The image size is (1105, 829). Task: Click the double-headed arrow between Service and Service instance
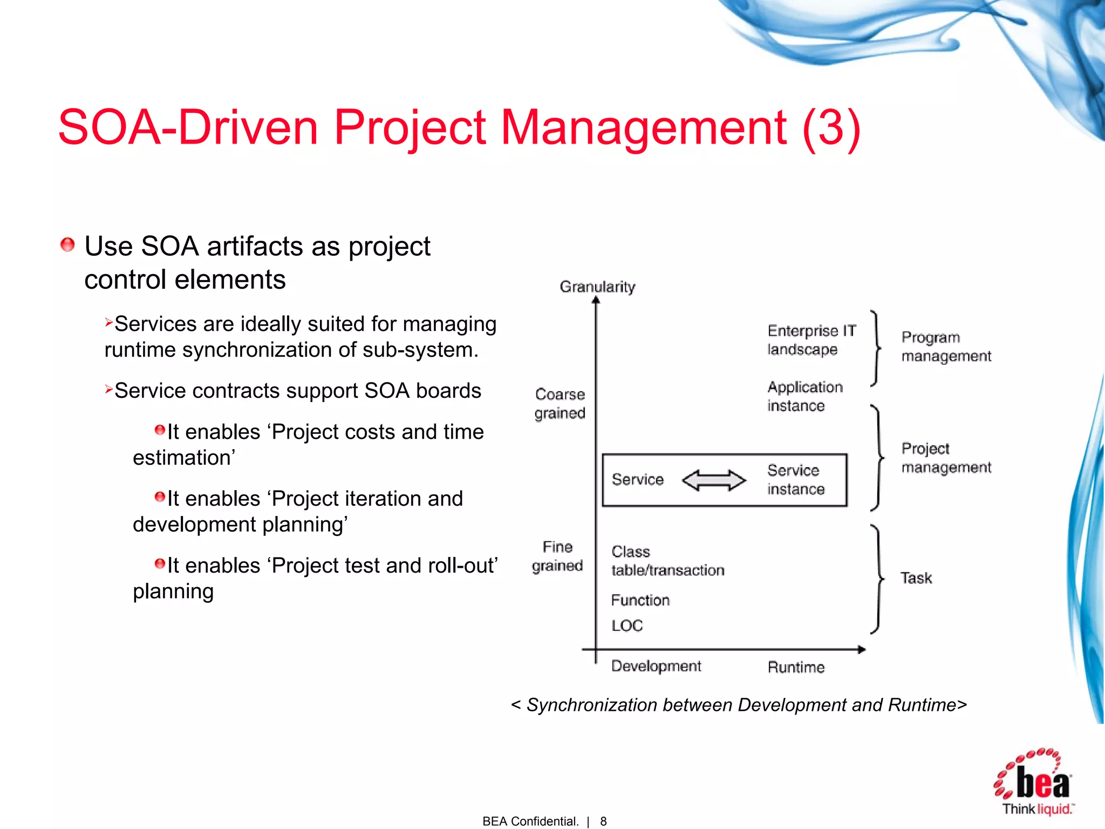pyautogui.click(x=714, y=480)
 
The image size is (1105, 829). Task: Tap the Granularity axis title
pyautogui.click(x=597, y=287)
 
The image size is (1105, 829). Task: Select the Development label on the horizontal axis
pyautogui.click(x=656, y=667)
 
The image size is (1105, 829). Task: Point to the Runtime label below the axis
pyautogui.click(x=796, y=668)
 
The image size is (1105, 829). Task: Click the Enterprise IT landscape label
pyautogui.click(x=811, y=340)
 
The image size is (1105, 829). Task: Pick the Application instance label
pyautogui.click(x=804, y=396)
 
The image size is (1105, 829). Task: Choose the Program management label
pyautogui.click(x=946, y=346)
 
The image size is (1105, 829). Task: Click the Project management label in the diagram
pyautogui.click(x=946, y=458)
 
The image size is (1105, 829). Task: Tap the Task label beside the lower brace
pyautogui.click(x=916, y=578)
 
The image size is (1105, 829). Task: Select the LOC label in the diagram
pyautogui.click(x=627, y=626)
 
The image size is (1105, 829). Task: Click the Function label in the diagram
pyautogui.click(x=640, y=600)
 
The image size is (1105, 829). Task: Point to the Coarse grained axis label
pyautogui.click(x=560, y=404)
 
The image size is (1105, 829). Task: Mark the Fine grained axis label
pyautogui.click(x=557, y=556)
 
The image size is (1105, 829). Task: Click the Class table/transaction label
pyautogui.click(x=667, y=561)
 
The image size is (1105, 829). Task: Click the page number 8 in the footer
pyautogui.click(x=603, y=821)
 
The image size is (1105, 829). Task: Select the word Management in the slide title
pyautogui.click(x=644, y=127)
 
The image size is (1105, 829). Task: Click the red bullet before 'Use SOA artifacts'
pyautogui.click(x=67, y=245)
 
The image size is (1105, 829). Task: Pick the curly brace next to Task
pyautogui.click(x=877, y=579)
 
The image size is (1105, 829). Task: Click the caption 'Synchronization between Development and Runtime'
pyautogui.click(x=739, y=705)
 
